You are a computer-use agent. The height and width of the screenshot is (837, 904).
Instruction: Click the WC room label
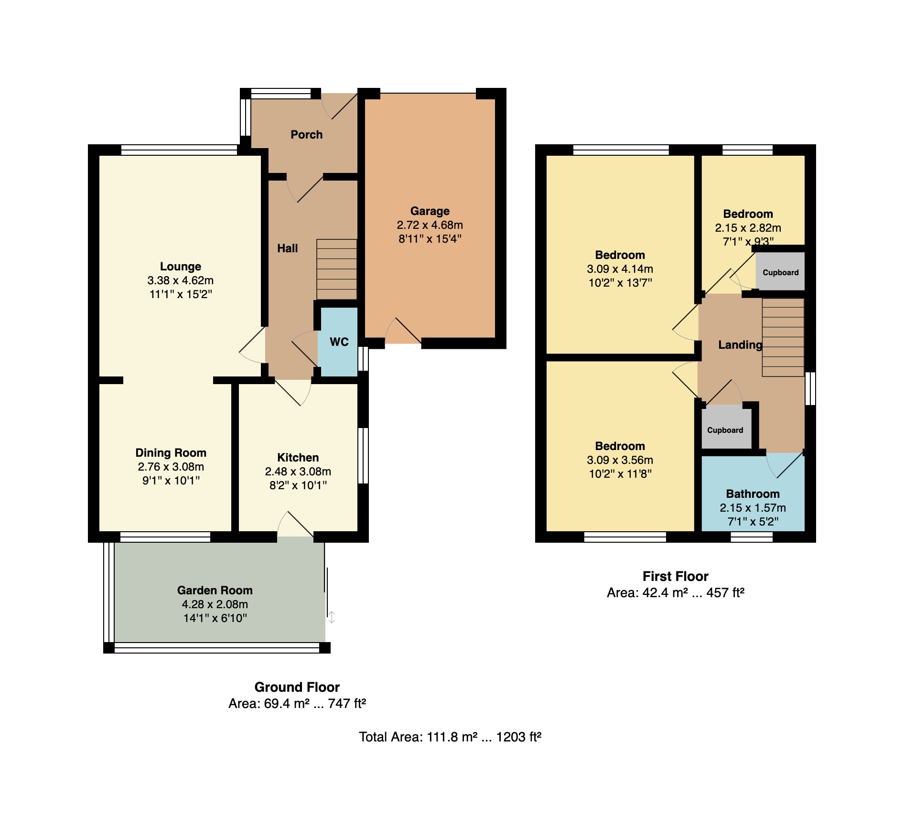[x=339, y=342]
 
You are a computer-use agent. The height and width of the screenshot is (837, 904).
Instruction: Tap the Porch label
[x=307, y=135]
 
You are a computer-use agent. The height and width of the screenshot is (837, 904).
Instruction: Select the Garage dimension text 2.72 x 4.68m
[x=430, y=225]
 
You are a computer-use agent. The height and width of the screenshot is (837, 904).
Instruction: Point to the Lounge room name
[x=181, y=267]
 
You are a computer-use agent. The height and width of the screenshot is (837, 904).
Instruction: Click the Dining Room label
[x=171, y=453]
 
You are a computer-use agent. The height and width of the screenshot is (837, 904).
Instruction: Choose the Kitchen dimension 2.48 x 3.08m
[x=298, y=472]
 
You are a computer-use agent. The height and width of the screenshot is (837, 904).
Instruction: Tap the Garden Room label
[x=215, y=590]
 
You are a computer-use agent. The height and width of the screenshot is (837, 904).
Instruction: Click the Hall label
[x=288, y=248]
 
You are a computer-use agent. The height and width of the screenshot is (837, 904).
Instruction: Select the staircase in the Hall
[x=337, y=269]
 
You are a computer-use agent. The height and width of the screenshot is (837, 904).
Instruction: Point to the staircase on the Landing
[x=783, y=337]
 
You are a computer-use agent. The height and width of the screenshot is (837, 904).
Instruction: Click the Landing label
[x=741, y=345]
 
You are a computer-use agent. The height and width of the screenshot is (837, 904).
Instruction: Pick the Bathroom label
[x=753, y=494]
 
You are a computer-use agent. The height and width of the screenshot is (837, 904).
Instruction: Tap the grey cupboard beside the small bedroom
[x=780, y=271]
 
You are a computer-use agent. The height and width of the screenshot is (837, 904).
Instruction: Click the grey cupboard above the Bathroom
[x=726, y=428]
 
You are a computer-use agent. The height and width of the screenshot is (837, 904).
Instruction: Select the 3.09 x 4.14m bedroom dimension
[x=620, y=269]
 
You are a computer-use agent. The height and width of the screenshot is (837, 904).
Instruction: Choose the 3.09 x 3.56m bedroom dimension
[x=620, y=460]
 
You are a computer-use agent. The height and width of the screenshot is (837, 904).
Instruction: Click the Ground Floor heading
[x=297, y=687]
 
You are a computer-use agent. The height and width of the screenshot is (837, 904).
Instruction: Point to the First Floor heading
[x=676, y=576]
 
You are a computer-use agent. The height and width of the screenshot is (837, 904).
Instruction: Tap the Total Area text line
[x=450, y=737]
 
